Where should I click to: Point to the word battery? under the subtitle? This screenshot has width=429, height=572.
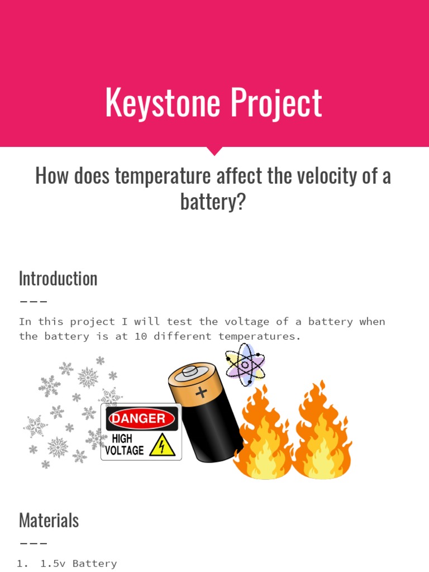click(213, 201)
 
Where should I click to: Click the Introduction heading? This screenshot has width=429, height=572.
click(58, 278)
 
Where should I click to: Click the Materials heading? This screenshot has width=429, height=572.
click(49, 520)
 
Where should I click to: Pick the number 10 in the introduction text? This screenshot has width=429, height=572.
click(141, 337)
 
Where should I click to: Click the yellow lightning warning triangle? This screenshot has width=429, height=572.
click(162, 446)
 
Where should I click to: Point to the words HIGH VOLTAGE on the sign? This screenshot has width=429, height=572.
click(125, 445)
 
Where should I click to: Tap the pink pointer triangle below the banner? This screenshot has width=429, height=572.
click(214, 151)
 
